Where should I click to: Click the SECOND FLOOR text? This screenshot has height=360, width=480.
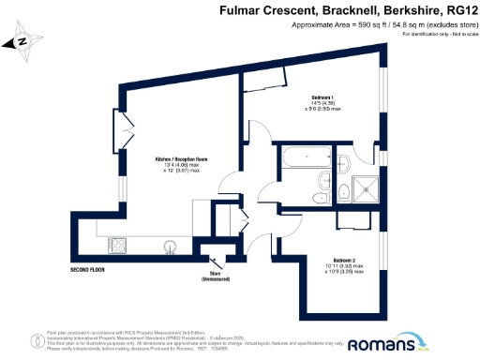87,269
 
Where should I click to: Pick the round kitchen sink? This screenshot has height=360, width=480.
171,246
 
